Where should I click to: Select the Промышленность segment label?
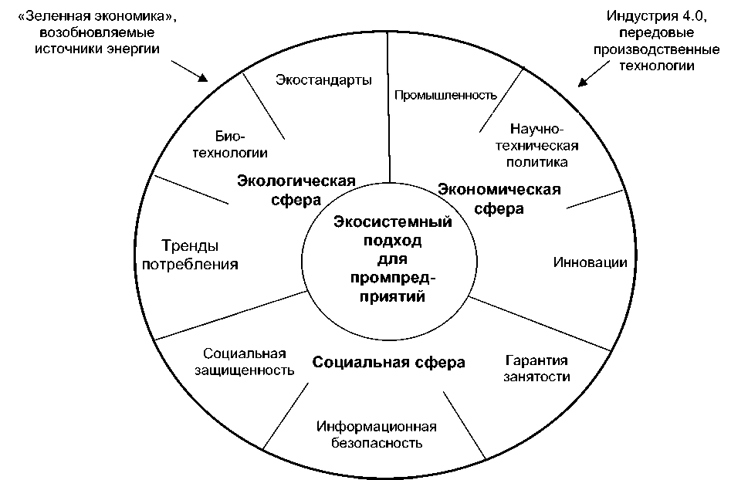pyautogui.click(x=444, y=96)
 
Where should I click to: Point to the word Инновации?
pyautogui.click(x=590, y=262)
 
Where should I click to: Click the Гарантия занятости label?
pyautogui.click(x=536, y=369)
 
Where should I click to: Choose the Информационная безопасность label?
pyautogui.click(x=377, y=435)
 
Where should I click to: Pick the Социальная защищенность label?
pyautogui.click(x=245, y=362)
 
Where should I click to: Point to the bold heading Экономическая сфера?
pyautogui.click(x=499, y=198)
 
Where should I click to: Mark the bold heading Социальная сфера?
pyautogui.click(x=388, y=362)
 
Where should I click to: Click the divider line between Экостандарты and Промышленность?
pyautogui.click(x=388, y=108)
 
